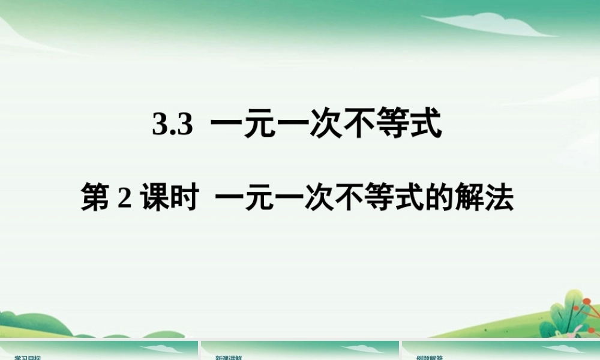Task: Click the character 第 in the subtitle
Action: (95, 199)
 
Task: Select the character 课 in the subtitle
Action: (154, 199)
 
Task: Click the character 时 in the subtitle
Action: (184, 199)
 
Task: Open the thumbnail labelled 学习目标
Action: (99, 351)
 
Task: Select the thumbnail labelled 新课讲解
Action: (300, 351)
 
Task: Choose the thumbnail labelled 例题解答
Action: (501, 351)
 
